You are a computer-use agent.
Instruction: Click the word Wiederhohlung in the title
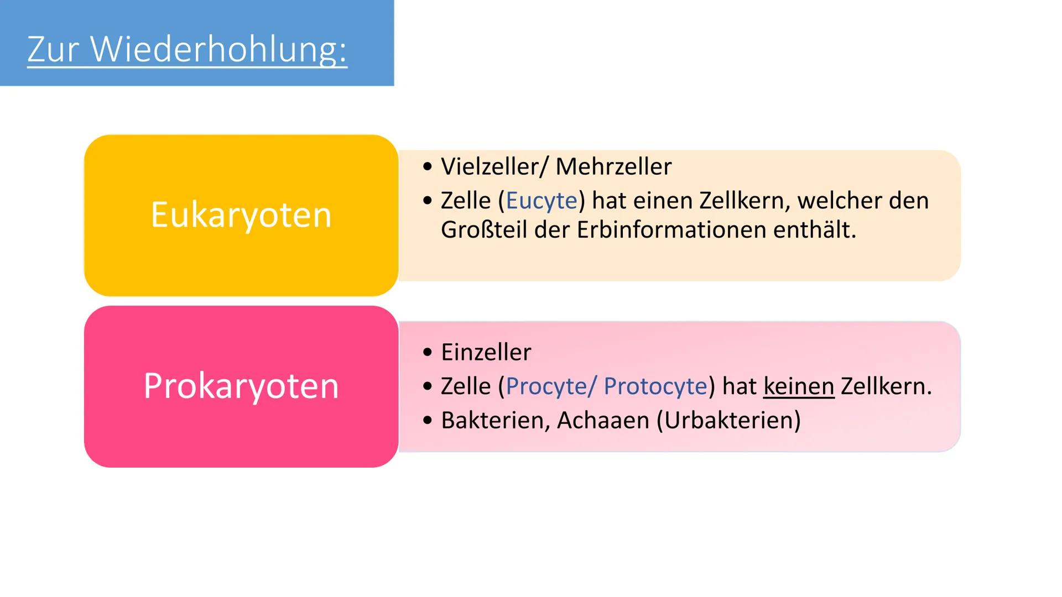(218, 50)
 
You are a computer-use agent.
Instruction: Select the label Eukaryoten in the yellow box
(241, 215)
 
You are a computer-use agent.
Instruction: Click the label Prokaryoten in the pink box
(241, 386)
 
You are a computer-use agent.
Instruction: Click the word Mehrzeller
(613, 166)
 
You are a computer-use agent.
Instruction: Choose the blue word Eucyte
(542, 201)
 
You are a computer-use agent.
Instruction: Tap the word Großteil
(483, 230)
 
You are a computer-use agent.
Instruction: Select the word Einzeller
(486, 352)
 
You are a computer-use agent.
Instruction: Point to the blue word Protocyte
(655, 386)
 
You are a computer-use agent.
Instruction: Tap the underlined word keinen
(799, 386)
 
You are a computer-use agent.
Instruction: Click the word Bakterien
(495, 421)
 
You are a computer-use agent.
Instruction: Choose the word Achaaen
(603, 421)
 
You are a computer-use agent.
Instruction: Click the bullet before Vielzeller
(426, 166)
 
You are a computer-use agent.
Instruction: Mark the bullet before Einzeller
(426, 352)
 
